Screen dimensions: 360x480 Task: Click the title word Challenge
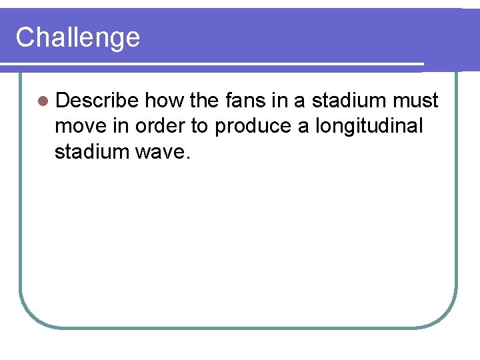point(77,37)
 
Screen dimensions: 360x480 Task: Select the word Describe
point(97,101)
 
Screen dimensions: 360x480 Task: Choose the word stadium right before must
point(349,101)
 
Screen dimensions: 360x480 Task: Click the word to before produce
point(199,126)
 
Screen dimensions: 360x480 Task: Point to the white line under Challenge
point(213,63)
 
